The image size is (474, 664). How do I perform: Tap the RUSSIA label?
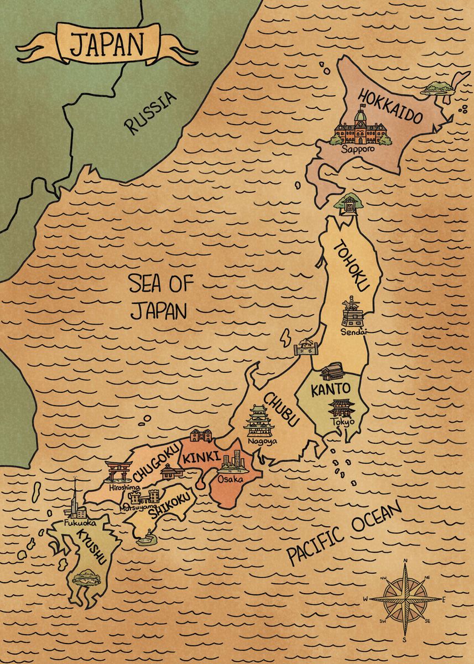tap(150, 113)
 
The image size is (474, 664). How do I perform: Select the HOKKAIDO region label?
tap(390, 107)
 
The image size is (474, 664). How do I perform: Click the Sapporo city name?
tap(358, 149)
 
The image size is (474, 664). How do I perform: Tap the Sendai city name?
tap(354, 332)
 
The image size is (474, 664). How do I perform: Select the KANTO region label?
tap(330, 389)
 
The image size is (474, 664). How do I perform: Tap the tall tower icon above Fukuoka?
tap(74, 498)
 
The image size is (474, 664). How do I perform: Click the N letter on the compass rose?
tap(405, 561)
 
